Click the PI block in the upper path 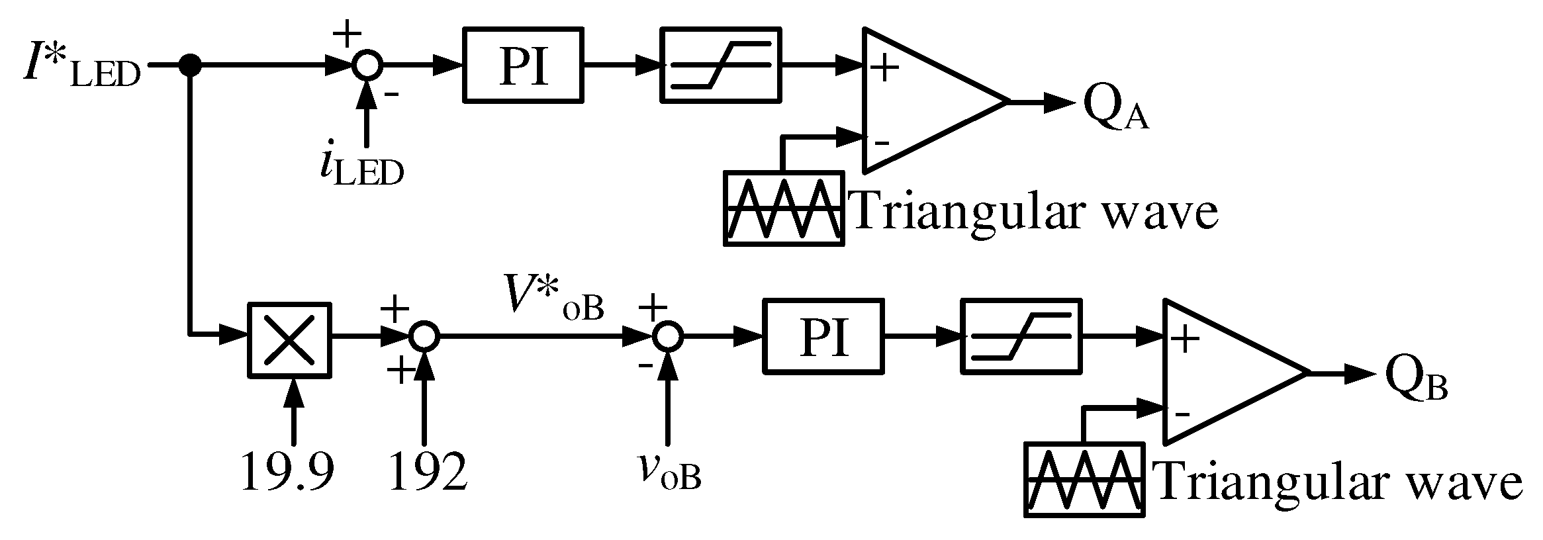point(524,65)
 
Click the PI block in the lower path point(823,337)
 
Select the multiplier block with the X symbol point(289,341)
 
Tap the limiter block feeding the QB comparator point(1021,337)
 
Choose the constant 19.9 point(287,472)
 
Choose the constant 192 point(428,472)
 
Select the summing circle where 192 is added point(424,337)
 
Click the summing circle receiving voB point(667,337)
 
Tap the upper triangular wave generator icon point(784,208)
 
